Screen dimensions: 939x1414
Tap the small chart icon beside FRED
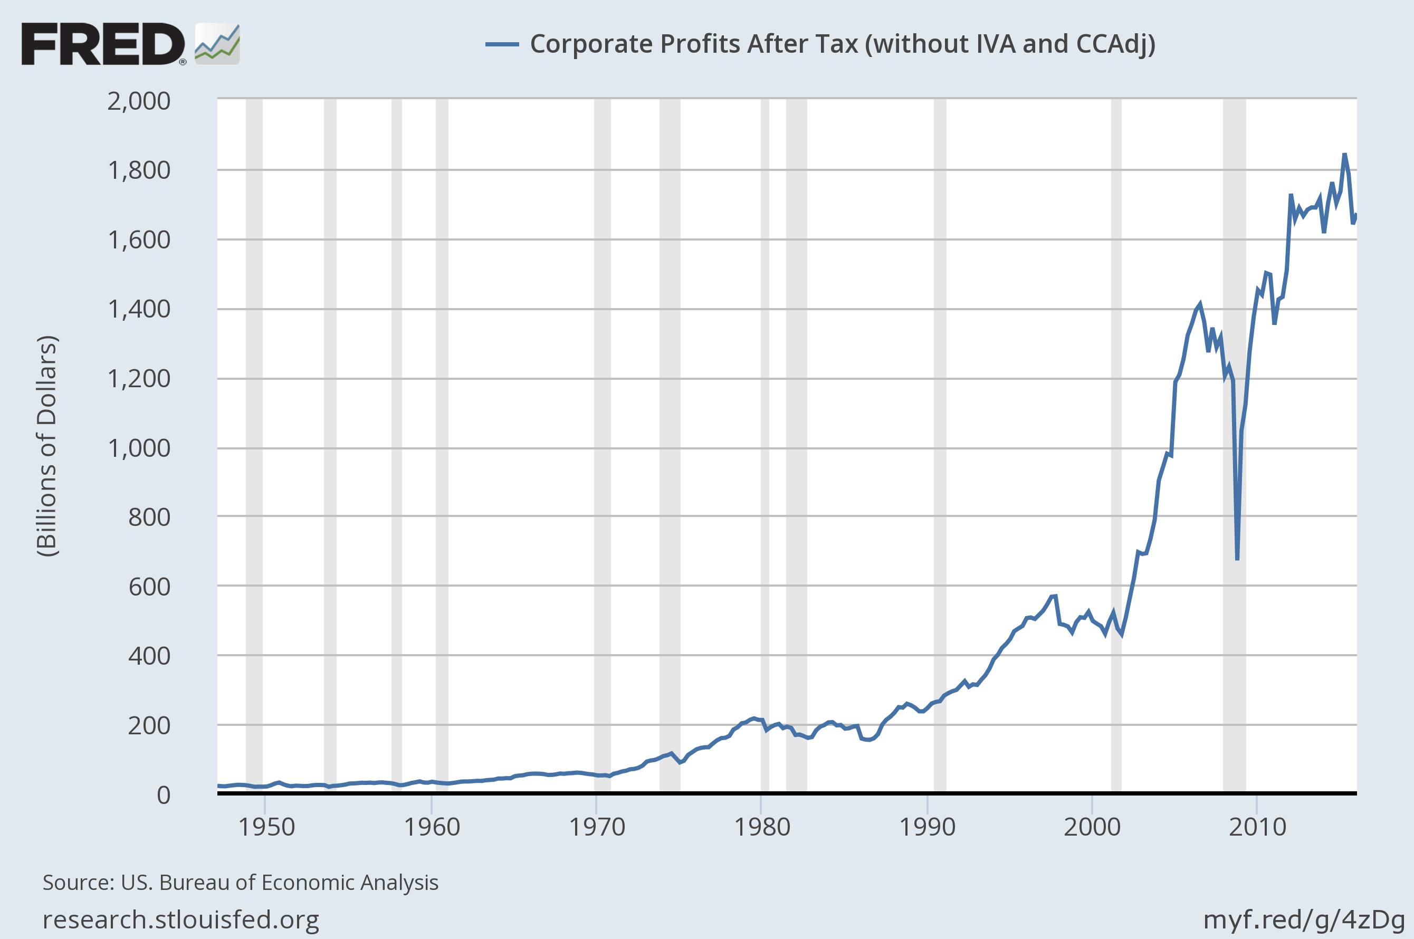coord(217,44)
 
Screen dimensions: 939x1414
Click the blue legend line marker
coord(501,44)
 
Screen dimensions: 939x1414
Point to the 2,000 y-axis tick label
coord(139,101)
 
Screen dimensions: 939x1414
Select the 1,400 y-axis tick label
coord(139,310)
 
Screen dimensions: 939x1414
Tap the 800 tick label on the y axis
coord(149,518)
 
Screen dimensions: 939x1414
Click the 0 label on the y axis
coord(164,796)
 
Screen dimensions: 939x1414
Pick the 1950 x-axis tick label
coord(266,828)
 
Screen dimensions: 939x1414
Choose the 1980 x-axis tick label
coord(762,828)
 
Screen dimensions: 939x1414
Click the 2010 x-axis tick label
coord(1257,828)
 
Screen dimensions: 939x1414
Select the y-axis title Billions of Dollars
coord(47,446)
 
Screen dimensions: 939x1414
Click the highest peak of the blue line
coord(1344,155)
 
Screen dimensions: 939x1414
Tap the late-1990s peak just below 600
coord(1055,597)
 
